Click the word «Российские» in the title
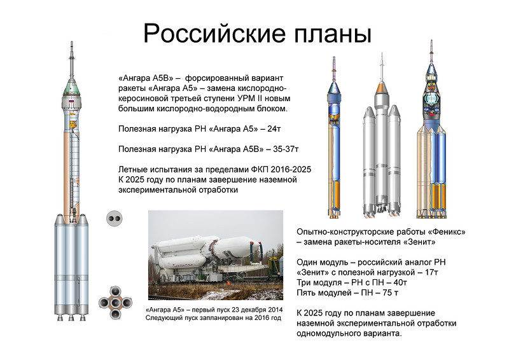tap(214, 33)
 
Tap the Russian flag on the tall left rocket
tap(71, 102)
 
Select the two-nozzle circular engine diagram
tap(115, 218)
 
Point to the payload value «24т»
tap(274, 129)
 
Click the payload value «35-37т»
tap(286, 149)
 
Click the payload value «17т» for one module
tap(431, 272)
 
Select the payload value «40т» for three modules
tap(401, 282)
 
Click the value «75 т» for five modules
tap(390, 293)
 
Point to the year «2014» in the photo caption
tap(275, 310)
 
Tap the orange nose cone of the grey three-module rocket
tap(382, 88)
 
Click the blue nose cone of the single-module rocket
tap(333, 88)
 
